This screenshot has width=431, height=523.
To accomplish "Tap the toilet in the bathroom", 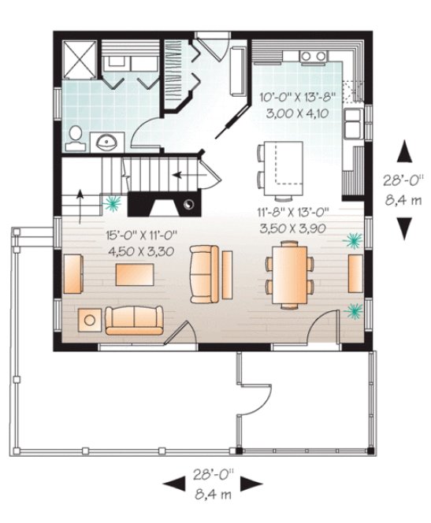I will point(74,139).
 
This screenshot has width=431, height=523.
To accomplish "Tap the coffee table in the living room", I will point(135,275).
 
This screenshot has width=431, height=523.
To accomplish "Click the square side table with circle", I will point(90,320).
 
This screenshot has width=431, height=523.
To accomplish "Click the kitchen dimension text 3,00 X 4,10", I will point(292,113).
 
